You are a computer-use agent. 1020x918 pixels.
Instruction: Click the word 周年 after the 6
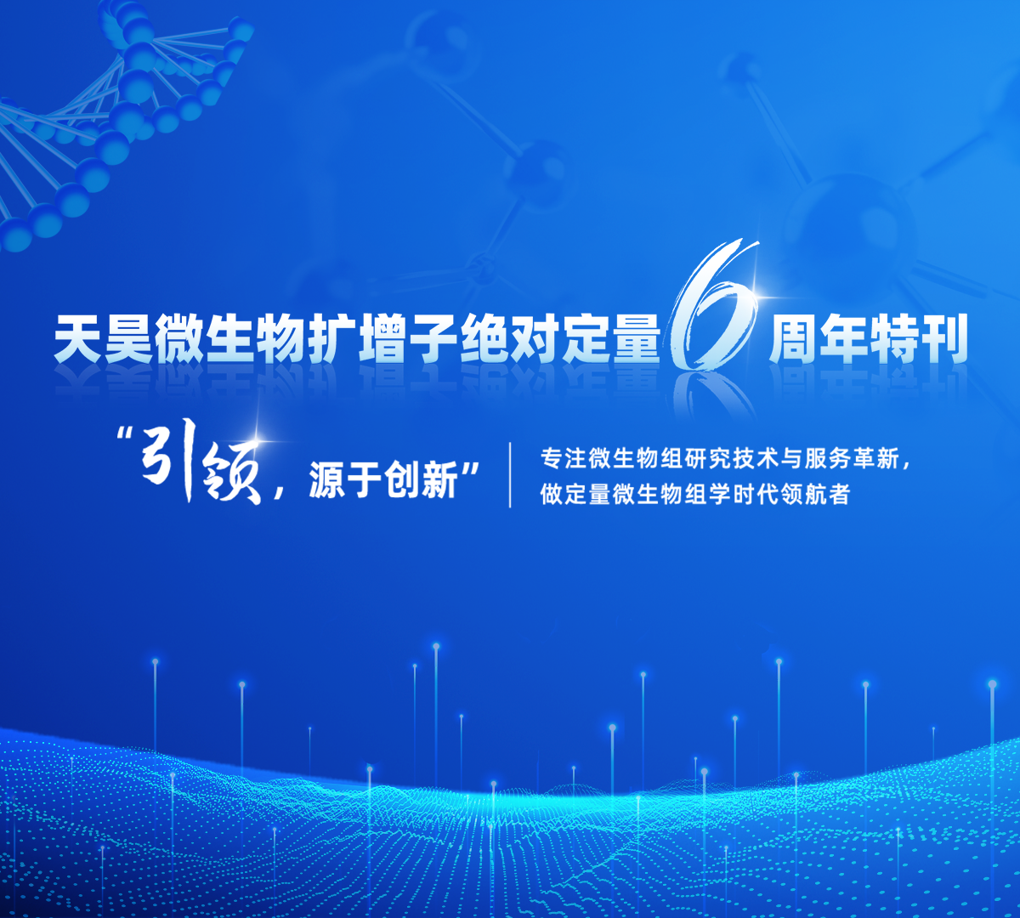pyautogui.click(x=819, y=337)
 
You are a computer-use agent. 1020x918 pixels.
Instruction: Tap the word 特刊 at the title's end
pyautogui.click(x=919, y=337)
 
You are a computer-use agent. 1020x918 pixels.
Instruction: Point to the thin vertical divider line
pyautogui.click(x=510, y=475)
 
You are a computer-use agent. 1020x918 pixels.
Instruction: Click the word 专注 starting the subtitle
pyautogui.click(x=564, y=458)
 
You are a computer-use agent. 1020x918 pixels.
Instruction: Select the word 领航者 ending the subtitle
pyautogui.click(x=814, y=494)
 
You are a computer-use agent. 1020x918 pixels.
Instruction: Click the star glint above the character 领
pyautogui.click(x=257, y=440)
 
